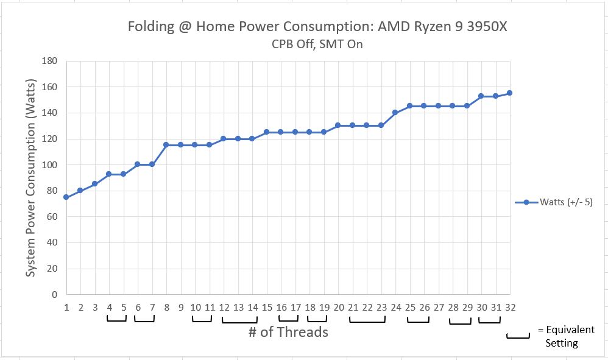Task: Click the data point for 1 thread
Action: [66, 197]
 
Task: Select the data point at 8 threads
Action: [166, 145]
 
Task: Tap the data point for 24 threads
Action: [395, 113]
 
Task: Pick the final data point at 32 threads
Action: [509, 93]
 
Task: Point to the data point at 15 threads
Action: [266, 132]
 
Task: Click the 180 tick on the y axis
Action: [49, 62]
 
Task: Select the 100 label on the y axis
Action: [49, 165]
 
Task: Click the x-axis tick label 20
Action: [339, 308]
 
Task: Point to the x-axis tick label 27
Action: [439, 308]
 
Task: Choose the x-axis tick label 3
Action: [95, 308]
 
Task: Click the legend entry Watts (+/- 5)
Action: [560, 202]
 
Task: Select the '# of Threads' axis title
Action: [288, 332]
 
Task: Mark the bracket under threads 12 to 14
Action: [239, 320]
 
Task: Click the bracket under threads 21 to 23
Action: [367, 320]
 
